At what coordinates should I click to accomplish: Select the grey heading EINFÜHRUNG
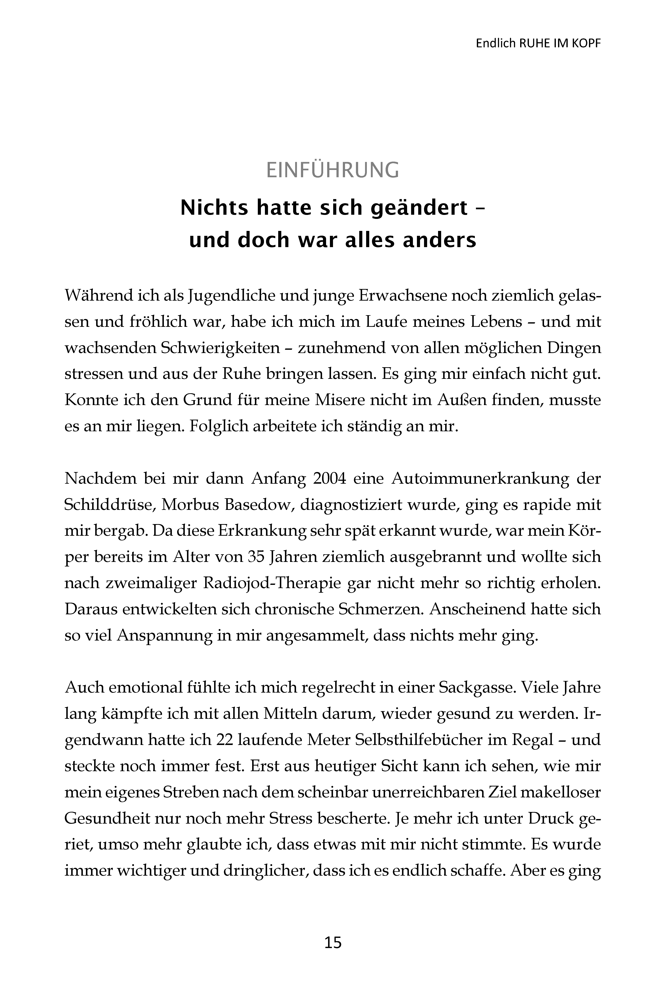[333, 170]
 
